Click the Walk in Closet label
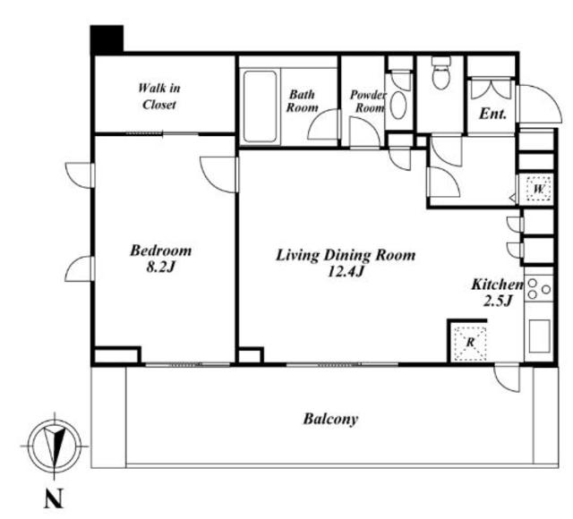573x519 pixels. coord(159,97)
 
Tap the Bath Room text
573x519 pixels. coord(302,101)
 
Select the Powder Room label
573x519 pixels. coord(368,101)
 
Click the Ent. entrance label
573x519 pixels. coord(492,114)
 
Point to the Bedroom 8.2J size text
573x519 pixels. coord(160,268)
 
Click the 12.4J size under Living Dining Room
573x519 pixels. coord(346,272)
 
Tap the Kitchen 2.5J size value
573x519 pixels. coord(497,301)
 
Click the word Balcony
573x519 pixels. coord(330,419)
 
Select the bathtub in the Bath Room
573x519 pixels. coord(260,106)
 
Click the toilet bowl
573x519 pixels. coord(441,74)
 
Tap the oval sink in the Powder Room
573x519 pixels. coord(398,105)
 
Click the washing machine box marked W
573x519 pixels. coord(538,189)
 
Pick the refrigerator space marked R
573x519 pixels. coord(470,343)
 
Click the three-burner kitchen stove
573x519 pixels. coord(539,289)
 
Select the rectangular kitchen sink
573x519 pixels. coord(539,336)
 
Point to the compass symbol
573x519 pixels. coord(55,446)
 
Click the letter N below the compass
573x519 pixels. coord(54,498)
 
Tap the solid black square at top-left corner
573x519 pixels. coord(107,39)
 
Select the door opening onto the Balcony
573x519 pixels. coord(507,379)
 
